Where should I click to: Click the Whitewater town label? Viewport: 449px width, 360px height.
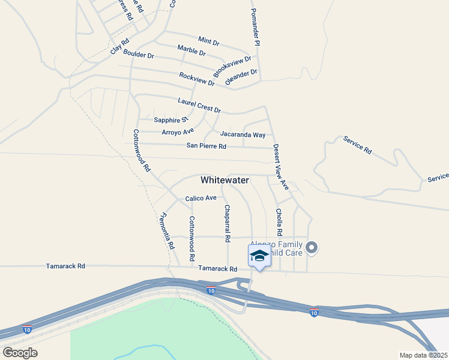point(224,180)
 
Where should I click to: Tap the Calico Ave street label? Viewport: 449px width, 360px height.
point(200,198)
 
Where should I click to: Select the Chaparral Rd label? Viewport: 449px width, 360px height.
point(228,223)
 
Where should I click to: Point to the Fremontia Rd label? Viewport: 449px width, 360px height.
point(167,231)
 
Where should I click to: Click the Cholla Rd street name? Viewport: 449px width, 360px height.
point(279,222)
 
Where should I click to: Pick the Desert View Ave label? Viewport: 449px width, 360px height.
point(281,167)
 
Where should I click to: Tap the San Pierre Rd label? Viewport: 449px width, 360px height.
point(206,146)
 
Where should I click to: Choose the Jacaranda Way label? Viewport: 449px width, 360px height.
point(243,135)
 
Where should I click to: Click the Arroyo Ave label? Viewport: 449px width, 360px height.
point(178,131)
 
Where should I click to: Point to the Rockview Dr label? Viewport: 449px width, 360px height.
point(196,79)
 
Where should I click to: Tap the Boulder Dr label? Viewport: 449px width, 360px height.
point(139,55)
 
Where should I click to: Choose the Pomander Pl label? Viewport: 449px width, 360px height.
point(255,23)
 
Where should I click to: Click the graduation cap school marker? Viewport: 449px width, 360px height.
point(259,256)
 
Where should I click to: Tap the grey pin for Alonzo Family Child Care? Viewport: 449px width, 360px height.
point(312,247)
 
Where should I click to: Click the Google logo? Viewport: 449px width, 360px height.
point(20,352)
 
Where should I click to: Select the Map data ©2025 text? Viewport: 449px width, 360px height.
point(424,355)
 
